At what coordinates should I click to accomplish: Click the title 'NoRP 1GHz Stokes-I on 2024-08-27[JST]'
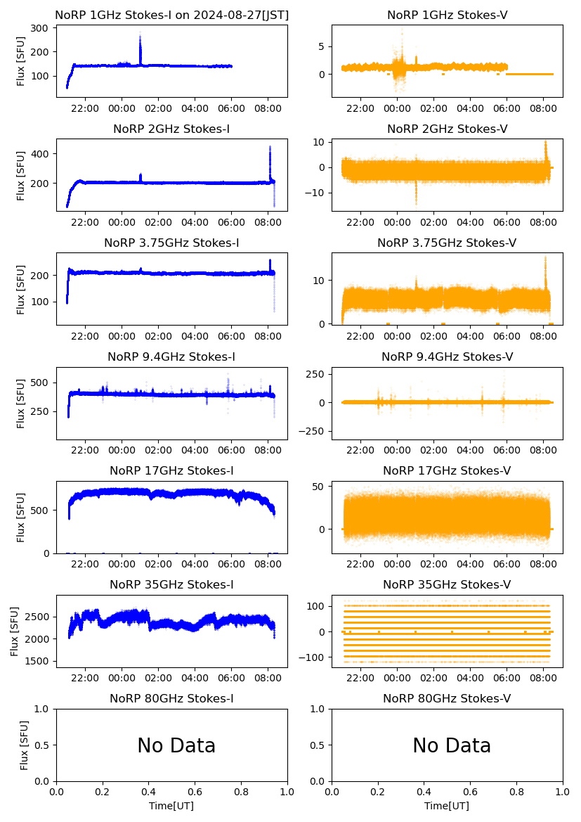tap(171, 15)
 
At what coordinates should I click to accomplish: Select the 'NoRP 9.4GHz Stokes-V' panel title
tap(447, 357)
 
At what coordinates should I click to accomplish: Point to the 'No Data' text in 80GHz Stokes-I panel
tap(176, 745)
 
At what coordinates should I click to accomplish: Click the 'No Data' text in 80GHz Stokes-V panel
tap(452, 745)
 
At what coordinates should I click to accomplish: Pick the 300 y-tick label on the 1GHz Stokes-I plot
tap(39, 28)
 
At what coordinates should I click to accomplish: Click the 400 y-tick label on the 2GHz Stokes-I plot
tap(39, 154)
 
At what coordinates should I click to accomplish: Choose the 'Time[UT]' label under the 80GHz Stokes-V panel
tap(447, 806)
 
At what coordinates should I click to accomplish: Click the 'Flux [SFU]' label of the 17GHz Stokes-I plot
tap(21, 518)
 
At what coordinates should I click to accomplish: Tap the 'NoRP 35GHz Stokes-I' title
tap(171, 584)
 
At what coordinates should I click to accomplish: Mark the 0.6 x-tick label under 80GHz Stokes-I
tap(195, 793)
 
